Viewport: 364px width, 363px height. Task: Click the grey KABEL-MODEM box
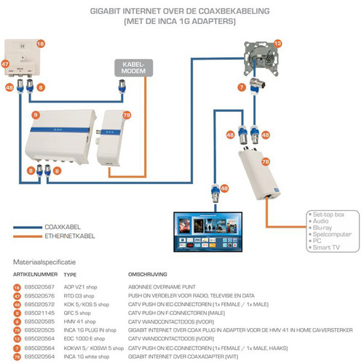click(x=132, y=69)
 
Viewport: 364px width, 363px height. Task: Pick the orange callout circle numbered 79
click(x=127, y=115)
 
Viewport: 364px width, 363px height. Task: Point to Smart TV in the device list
click(x=325, y=248)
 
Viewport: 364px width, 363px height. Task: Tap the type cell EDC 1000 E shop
click(x=82, y=338)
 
